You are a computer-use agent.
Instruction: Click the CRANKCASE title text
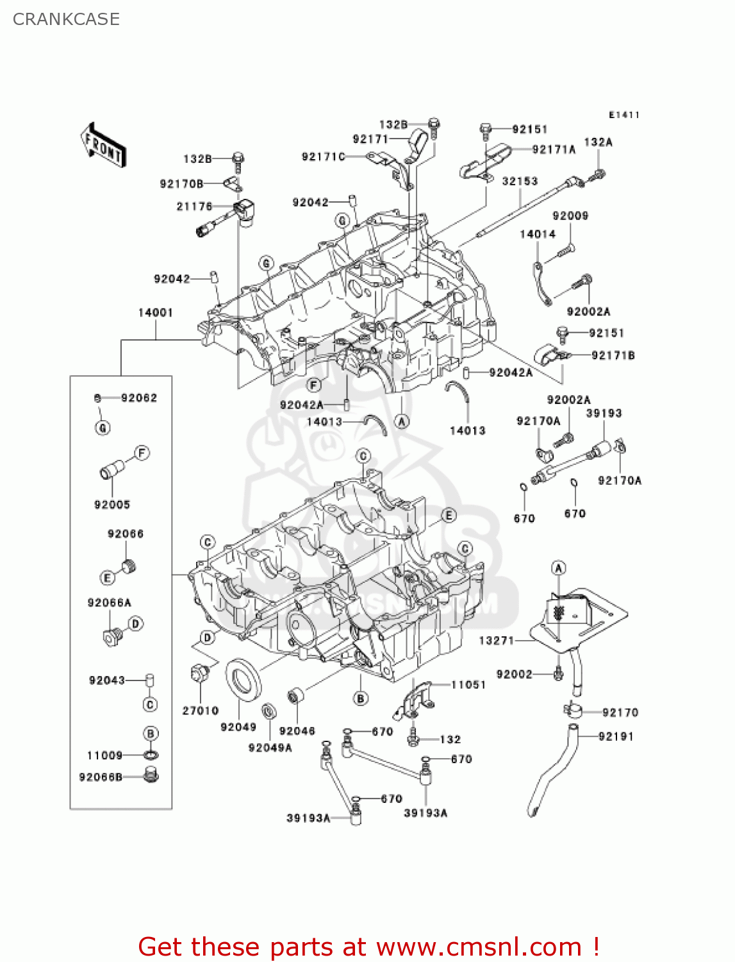(66, 19)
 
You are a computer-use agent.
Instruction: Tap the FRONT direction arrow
(103, 146)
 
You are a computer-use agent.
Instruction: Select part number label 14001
(155, 312)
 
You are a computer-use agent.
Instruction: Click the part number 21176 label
(194, 206)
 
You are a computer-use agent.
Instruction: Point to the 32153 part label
(520, 181)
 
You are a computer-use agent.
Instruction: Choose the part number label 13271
(497, 640)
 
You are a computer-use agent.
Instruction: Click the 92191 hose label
(616, 736)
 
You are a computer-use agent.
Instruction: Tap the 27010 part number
(200, 711)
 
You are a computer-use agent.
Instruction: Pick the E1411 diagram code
(624, 115)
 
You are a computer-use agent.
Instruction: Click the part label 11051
(468, 685)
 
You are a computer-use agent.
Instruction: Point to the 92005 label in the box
(112, 505)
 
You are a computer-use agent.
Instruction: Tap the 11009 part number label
(104, 755)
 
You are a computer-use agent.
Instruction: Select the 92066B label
(101, 777)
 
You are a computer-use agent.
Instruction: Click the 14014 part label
(538, 234)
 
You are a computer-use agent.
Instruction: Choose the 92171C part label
(324, 156)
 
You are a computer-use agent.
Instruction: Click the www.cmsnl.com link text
(479, 947)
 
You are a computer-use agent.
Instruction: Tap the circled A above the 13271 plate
(559, 568)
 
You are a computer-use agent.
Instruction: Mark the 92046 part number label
(297, 731)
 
